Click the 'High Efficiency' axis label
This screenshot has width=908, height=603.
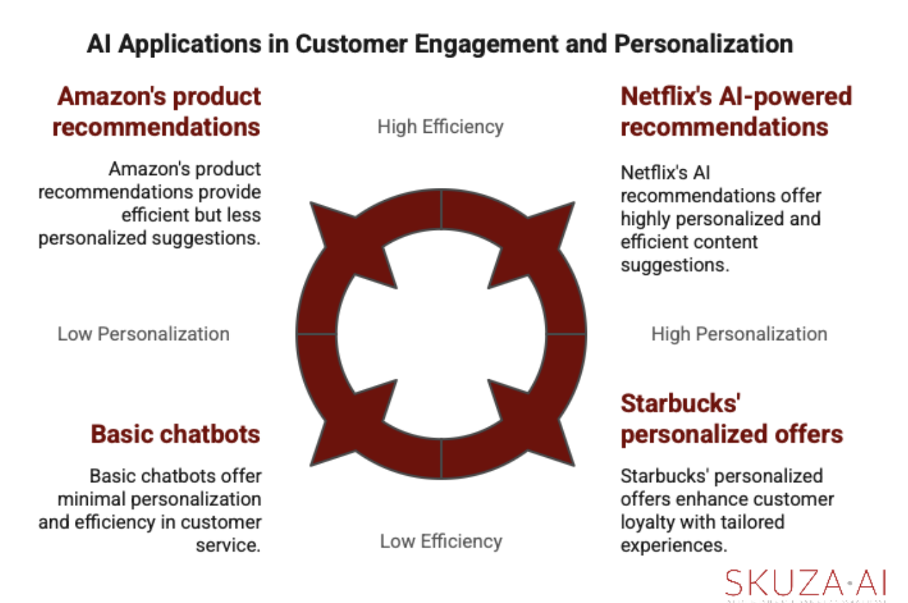pyautogui.click(x=440, y=126)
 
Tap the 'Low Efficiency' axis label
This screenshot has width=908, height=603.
pyautogui.click(x=440, y=541)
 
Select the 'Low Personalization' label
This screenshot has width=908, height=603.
pyautogui.click(x=143, y=334)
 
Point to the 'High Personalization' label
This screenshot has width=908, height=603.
pyautogui.click(x=739, y=334)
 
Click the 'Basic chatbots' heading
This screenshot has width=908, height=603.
pyautogui.click(x=175, y=434)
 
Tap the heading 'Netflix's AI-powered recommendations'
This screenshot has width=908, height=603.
pyautogui.click(x=736, y=111)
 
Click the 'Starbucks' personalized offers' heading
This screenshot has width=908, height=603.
pyautogui.click(x=731, y=419)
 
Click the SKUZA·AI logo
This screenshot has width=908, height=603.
pyautogui.click(x=805, y=583)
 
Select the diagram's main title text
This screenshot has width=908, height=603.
pyautogui.click(x=440, y=44)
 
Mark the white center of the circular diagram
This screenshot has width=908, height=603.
pyautogui.click(x=440, y=334)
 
